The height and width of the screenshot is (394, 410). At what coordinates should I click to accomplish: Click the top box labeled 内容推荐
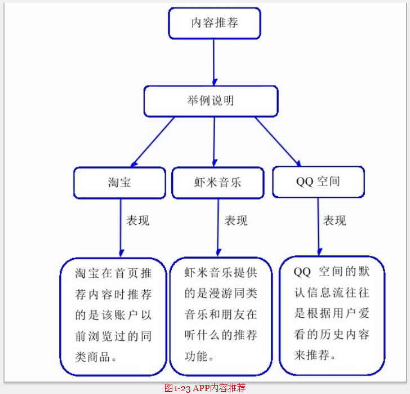click(x=215, y=23)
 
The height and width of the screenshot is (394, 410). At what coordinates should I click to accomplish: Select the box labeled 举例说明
click(x=211, y=101)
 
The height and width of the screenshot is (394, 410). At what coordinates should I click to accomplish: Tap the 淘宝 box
click(x=119, y=183)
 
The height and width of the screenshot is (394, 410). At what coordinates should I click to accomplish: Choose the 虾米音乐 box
click(x=217, y=183)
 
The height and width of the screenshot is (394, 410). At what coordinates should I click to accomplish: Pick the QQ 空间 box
click(x=318, y=181)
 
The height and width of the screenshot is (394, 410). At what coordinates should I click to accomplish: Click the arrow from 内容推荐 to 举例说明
click(x=214, y=62)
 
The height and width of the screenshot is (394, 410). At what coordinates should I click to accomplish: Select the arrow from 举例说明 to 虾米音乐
click(x=214, y=141)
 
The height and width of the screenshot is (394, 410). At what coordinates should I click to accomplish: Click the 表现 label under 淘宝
click(x=138, y=221)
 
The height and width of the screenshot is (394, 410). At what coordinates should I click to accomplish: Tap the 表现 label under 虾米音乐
click(x=236, y=221)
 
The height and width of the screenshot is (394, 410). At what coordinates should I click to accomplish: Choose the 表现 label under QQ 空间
click(x=335, y=221)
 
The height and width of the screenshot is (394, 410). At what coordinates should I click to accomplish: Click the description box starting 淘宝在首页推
click(x=113, y=316)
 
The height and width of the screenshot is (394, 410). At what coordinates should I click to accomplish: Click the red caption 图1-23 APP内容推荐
click(x=205, y=388)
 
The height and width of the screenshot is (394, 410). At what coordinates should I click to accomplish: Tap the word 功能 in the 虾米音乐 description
click(x=195, y=356)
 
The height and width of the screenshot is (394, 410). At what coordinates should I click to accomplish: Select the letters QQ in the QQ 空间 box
click(x=304, y=181)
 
